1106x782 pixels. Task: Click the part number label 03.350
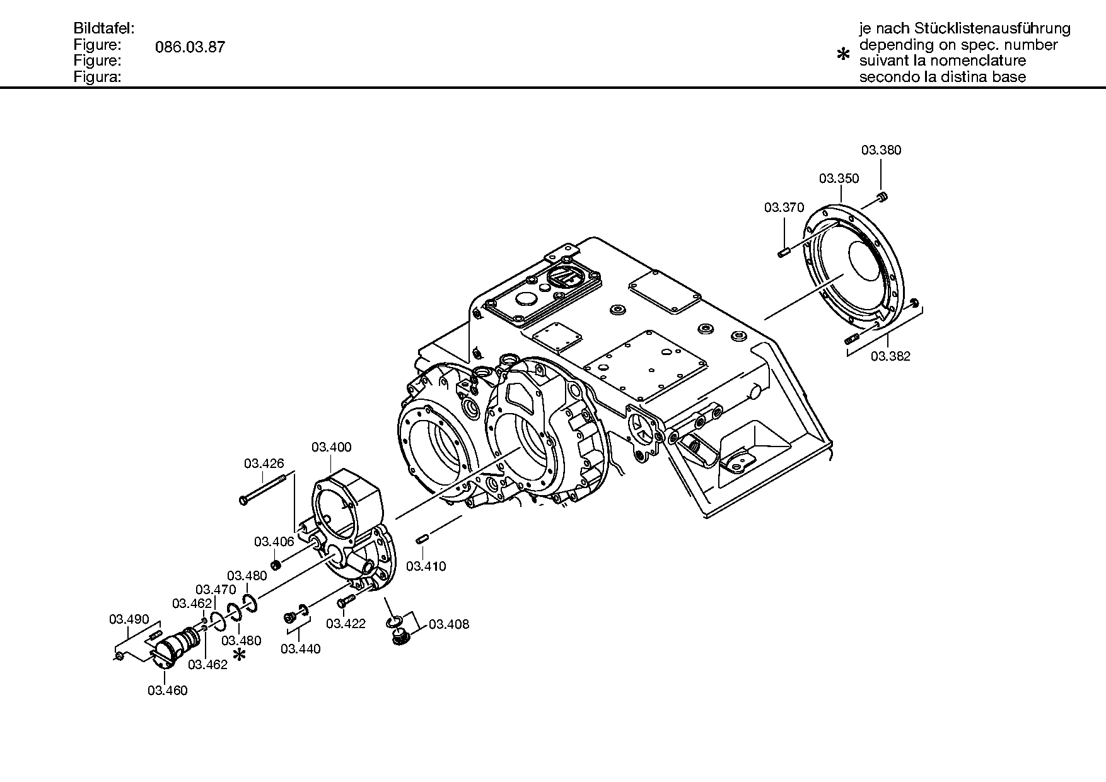point(839,178)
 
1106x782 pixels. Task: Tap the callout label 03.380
point(882,150)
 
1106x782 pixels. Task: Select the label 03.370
point(784,207)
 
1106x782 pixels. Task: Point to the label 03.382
point(890,356)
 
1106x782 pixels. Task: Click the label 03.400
point(332,447)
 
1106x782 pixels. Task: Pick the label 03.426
point(264,464)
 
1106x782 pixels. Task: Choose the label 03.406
point(274,542)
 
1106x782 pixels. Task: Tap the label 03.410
point(426,566)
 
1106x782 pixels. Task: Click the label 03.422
point(346,624)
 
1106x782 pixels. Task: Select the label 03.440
point(301,649)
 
